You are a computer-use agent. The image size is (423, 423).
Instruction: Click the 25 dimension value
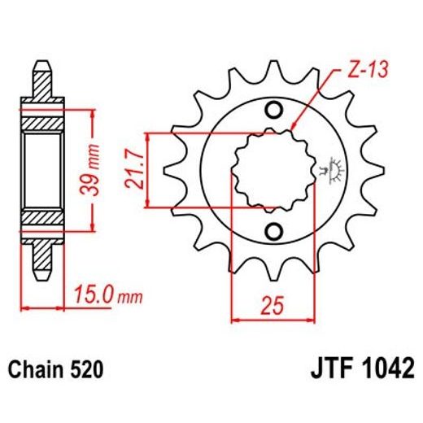pyautogui.click(x=273, y=306)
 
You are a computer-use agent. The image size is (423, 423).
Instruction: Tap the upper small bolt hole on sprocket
pyautogui.click(x=273, y=111)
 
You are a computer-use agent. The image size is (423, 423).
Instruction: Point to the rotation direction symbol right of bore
pyautogui.click(x=331, y=169)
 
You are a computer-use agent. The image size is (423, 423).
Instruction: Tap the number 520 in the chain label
pyautogui.click(x=87, y=370)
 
